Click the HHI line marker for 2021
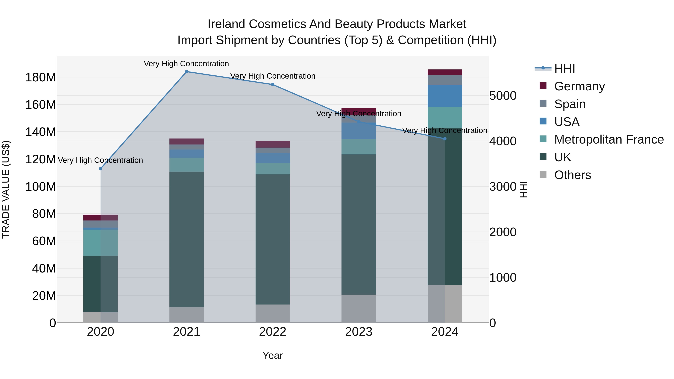tap(186, 72)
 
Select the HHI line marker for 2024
tap(445, 139)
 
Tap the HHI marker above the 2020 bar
tap(101, 169)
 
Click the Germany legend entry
tap(579, 86)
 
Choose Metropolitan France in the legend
tap(609, 140)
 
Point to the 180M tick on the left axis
tap(41, 78)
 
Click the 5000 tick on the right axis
tap(503, 96)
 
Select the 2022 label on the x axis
tap(272, 332)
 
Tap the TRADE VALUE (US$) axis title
tap(6, 190)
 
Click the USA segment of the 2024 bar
tap(445, 96)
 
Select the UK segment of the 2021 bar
tap(186, 239)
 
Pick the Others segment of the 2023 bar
tap(359, 309)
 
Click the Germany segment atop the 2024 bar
tap(445, 72)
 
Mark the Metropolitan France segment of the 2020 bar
tap(101, 243)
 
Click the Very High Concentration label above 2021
tap(186, 64)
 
